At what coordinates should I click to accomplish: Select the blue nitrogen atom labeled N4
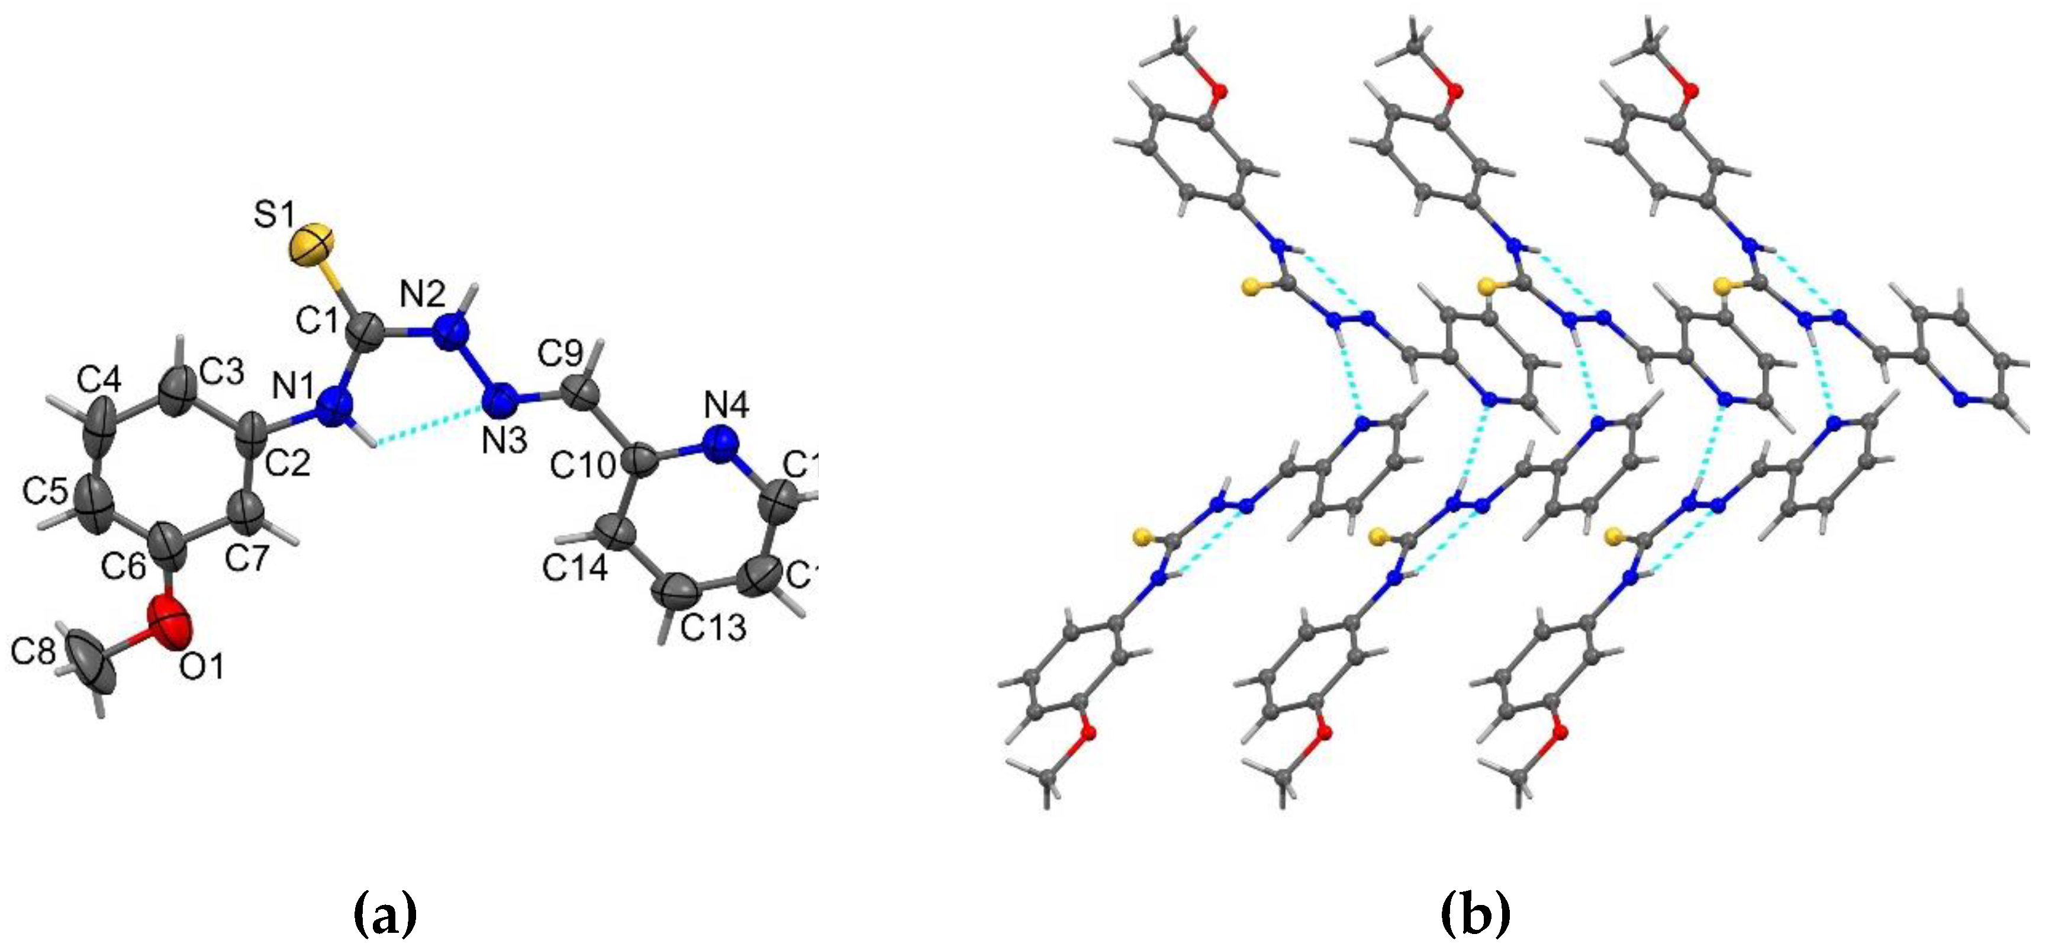tap(721, 442)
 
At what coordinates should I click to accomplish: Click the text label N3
tap(504, 440)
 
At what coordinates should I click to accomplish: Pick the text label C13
tap(713, 627)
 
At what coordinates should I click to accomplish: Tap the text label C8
tap(34, 653)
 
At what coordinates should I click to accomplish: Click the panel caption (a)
tap(385, 914)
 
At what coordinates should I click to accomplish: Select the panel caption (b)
tap(1476, 914)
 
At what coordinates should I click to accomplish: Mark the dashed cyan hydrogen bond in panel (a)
tap(430, 424)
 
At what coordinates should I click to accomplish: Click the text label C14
tap(576, 567)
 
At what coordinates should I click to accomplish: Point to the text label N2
tap(423, 295)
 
